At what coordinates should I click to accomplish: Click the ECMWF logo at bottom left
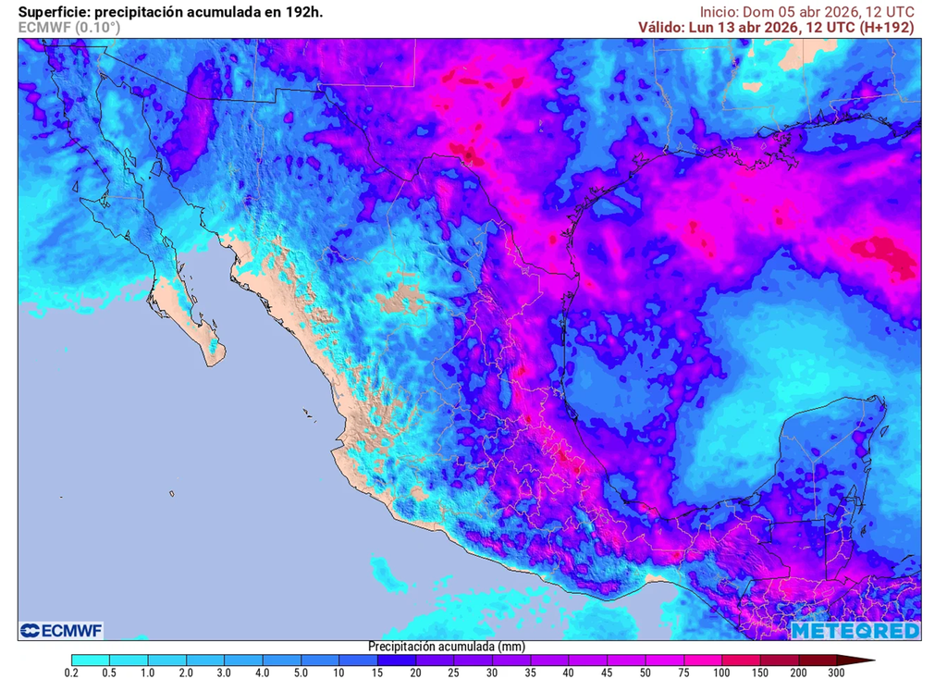[61, 630]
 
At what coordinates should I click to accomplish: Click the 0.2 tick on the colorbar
[71, 672]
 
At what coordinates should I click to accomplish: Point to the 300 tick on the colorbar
[836, 672]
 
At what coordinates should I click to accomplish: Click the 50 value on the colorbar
[645, 672]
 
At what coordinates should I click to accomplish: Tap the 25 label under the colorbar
[453, 672]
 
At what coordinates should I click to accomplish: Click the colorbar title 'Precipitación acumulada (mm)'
[434, 646]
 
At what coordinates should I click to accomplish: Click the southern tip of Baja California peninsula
[215, 362]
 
